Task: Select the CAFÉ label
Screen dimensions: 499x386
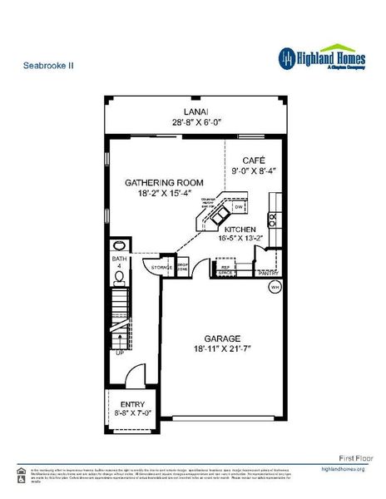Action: point(254,160)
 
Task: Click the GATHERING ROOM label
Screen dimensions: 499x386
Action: point(158,182)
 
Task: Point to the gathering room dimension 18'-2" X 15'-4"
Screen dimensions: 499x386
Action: point(158,193)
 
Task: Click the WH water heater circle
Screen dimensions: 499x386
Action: point(274,287)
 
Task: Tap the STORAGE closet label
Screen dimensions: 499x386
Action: point(161,267)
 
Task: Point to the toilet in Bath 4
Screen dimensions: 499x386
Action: point(118,279)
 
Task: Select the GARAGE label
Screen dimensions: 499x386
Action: point(223,338)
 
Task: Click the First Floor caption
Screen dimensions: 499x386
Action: point(355,458)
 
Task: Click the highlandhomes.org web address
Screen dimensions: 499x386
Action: point(343,469)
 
